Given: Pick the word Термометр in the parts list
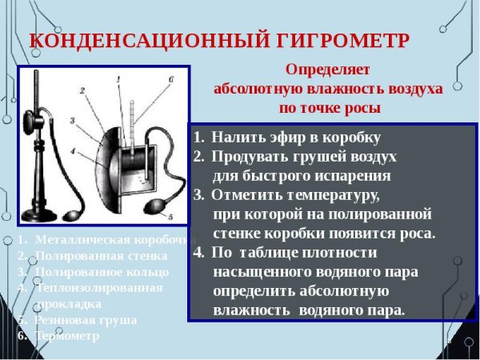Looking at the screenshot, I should pos(68,335).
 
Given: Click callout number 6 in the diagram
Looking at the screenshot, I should pos(170,78).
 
